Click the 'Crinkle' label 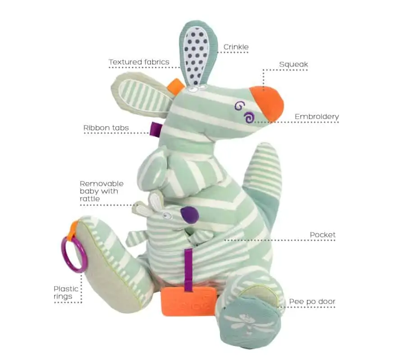click(x=236, y=47)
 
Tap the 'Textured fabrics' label click(x=139, y=62)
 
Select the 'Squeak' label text click(x=293, y=64)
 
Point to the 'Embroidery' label click(x=317, y=117)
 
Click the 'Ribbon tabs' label click(x=106, y=128)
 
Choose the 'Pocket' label click(x=323, y=235)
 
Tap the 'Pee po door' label click(x=312, y=301)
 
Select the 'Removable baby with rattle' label click(x=101, y=191)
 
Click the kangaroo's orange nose click(x=268, y=102)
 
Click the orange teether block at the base click(x=189, y=301)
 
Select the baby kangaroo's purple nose click(x=190, y=215)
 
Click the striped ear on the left click(x=142, y=94)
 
